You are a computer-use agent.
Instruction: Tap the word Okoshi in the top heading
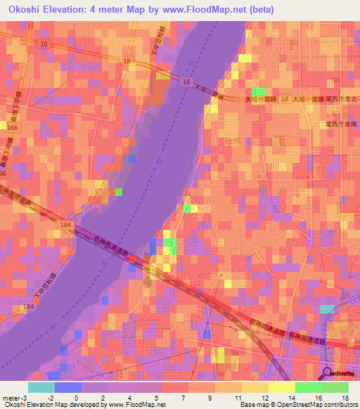click(x=27, y=10)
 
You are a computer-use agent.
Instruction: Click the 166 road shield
click(x=13, y=128)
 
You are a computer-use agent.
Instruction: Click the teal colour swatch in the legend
click(x=41, y=387)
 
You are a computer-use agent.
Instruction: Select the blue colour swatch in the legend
click(x=67, y=387)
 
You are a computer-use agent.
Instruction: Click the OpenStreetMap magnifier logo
click(x=328, y=372)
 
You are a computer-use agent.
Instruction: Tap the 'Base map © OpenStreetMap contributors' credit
click(x=296, y=405)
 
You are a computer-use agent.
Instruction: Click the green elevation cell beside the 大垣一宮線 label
click(x=259, y=93)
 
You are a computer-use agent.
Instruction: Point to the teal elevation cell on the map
click(x=328, y=309)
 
